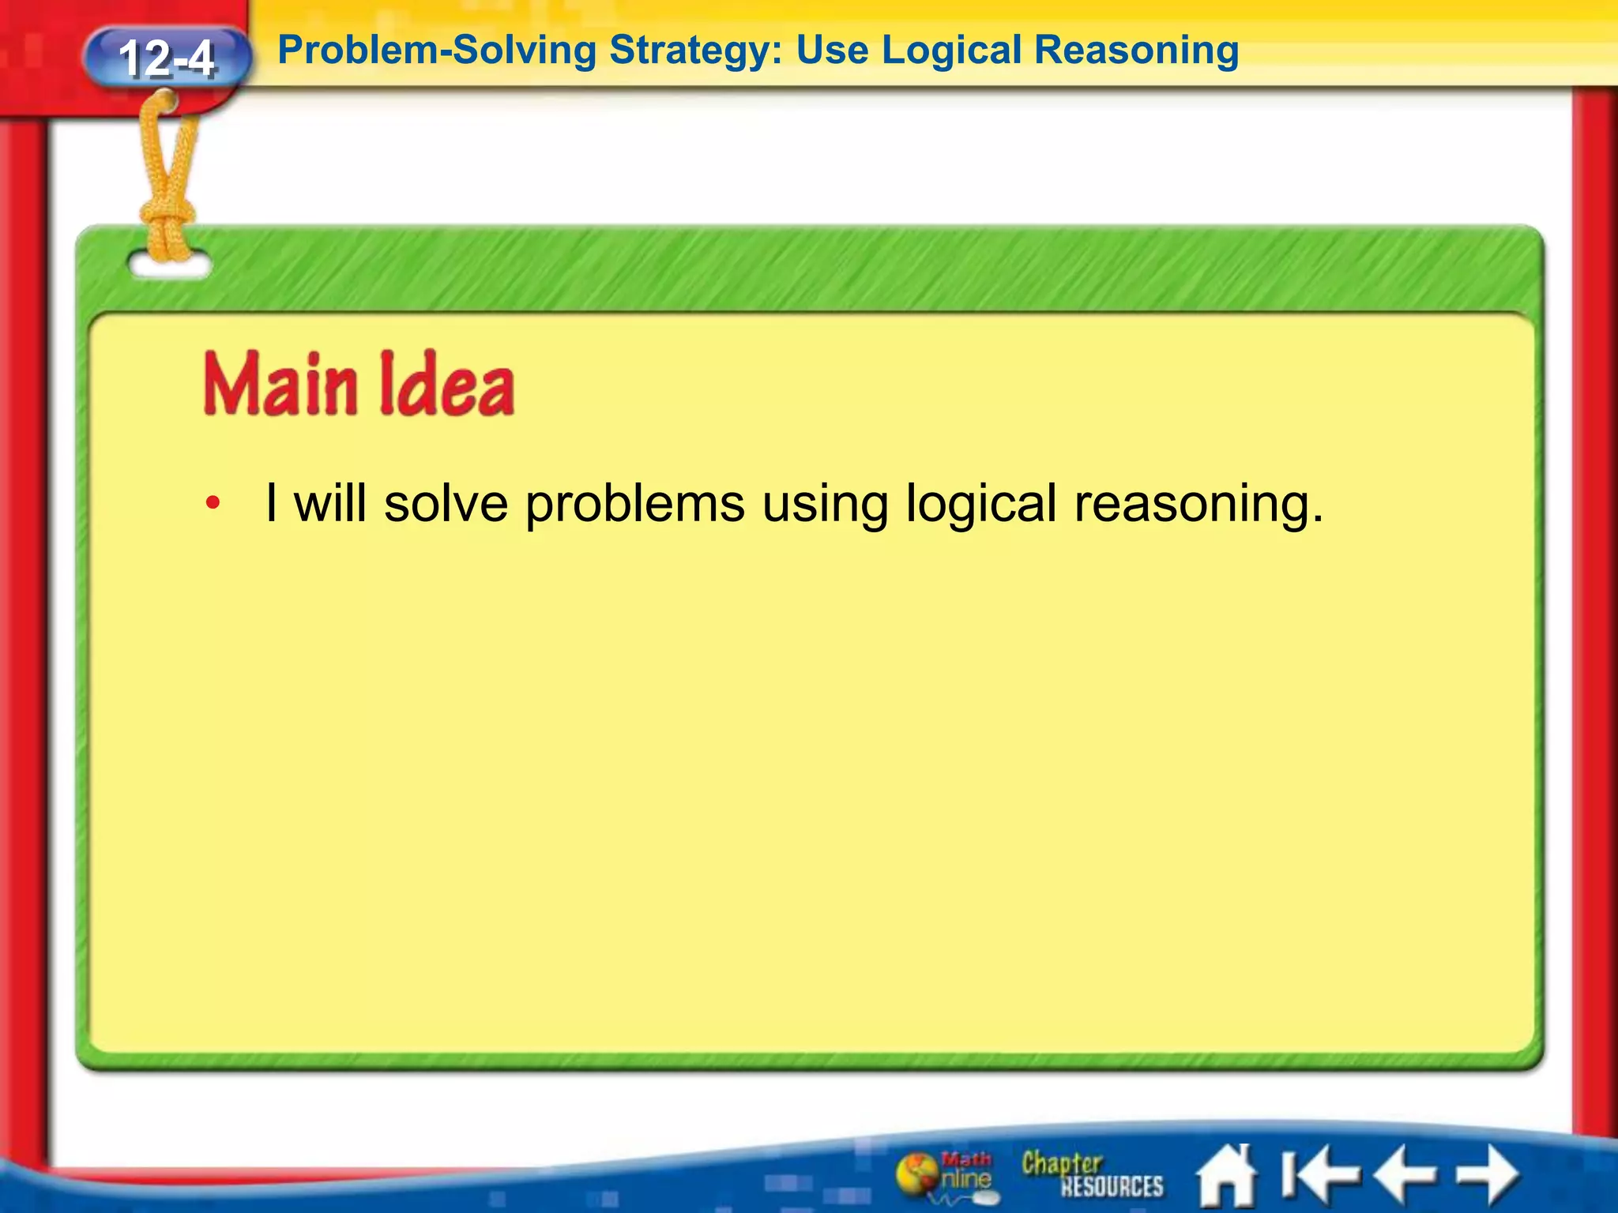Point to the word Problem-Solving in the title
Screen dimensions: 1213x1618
pos(437,51)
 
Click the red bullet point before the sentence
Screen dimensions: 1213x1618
pos(212,503)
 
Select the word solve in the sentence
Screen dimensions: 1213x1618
pos(446,503)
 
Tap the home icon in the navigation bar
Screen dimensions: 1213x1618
pos(1226,1176)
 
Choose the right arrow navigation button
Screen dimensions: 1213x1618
pos(1487,1175)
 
